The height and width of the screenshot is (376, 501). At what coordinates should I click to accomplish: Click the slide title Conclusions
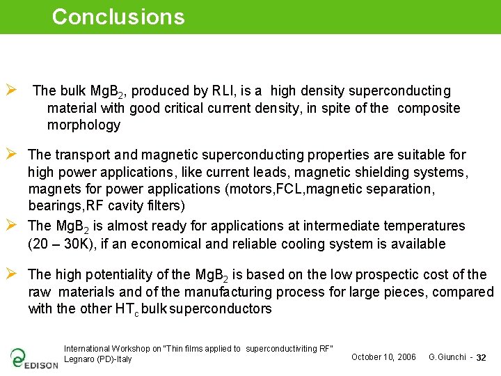(118, 17)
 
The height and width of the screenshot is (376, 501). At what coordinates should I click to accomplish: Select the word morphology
(83, 125)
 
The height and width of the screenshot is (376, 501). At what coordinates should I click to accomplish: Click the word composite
(429, 108)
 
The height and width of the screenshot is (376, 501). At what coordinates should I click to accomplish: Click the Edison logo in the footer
(33, 358)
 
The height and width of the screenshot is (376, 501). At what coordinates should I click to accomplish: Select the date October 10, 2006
(383, 357)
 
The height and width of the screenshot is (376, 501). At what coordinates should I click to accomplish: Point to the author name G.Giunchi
(447, 357)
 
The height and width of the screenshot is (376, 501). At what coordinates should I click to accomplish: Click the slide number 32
(481, 358)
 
